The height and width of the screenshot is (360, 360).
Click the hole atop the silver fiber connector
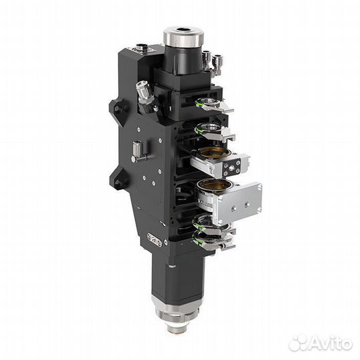(183, 30)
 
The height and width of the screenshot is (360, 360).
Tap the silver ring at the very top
(183, 37)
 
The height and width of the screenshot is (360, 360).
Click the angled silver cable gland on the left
(144, 93)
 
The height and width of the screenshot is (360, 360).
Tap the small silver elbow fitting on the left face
(138, 151)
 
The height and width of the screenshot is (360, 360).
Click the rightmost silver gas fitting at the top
(216, 65)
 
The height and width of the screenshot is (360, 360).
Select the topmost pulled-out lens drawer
(213, 105)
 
